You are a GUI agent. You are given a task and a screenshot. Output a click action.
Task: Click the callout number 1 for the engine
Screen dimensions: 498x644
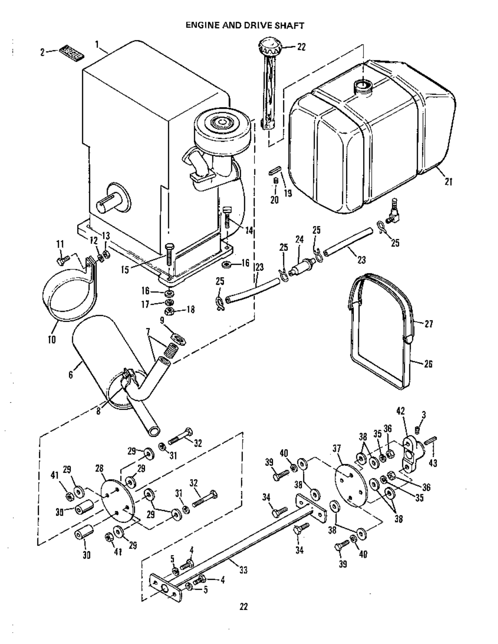tap(97, 45)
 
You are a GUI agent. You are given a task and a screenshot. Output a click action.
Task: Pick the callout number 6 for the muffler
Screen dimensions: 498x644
tap(71, 375)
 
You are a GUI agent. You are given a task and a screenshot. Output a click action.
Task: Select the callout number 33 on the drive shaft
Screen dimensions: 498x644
tap(243, 570)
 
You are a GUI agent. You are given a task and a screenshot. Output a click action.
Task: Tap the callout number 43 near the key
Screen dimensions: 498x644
tap(433, 463)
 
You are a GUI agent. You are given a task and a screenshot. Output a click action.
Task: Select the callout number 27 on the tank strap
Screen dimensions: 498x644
tap(428, 324)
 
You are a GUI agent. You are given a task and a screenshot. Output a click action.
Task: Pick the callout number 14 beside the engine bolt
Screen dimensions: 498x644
tap(249, 230)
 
